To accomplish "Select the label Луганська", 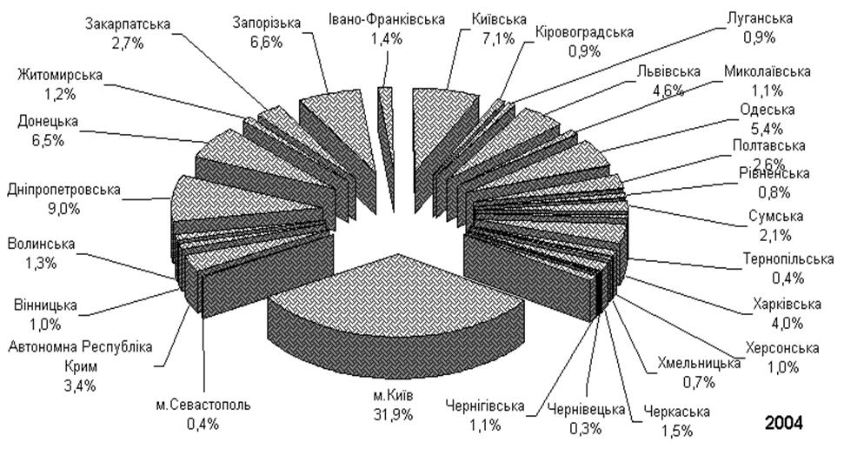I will pos(759,17).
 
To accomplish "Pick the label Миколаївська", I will pos(767,70).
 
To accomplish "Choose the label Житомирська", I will pos(59,76).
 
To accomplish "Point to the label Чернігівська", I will pos(484,406).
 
